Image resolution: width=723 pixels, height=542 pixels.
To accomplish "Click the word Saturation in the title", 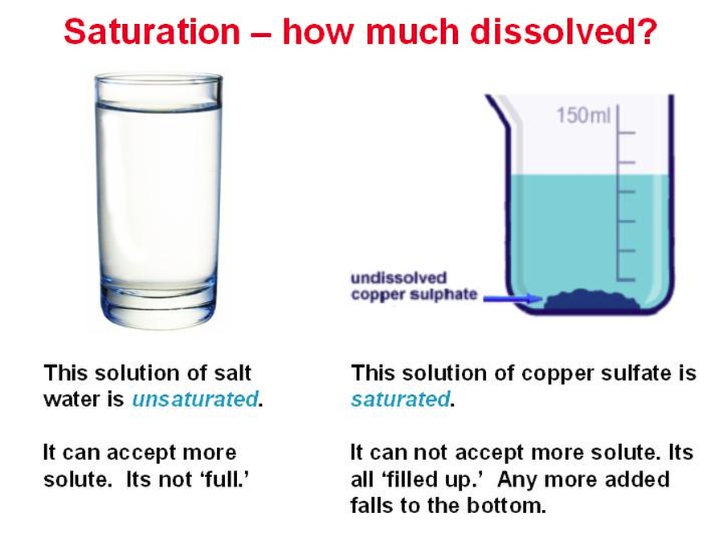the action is (152, 31).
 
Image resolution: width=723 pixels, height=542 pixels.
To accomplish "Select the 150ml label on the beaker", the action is (583, 115).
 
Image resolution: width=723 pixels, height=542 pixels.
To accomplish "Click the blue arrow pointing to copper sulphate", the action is (513, 298).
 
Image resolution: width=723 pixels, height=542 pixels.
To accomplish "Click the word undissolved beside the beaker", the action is (398, 278).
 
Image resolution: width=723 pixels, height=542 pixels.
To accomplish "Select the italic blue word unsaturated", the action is (194, 399).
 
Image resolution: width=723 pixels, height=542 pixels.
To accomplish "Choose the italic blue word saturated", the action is (400, 399).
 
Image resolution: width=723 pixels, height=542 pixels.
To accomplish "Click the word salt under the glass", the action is (232, 373).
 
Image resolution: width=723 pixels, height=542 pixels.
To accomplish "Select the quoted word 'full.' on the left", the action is (225, 479).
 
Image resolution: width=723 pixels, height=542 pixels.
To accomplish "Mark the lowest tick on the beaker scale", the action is (626, 279).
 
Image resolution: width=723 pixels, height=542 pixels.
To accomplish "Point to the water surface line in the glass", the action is (158, 108).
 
